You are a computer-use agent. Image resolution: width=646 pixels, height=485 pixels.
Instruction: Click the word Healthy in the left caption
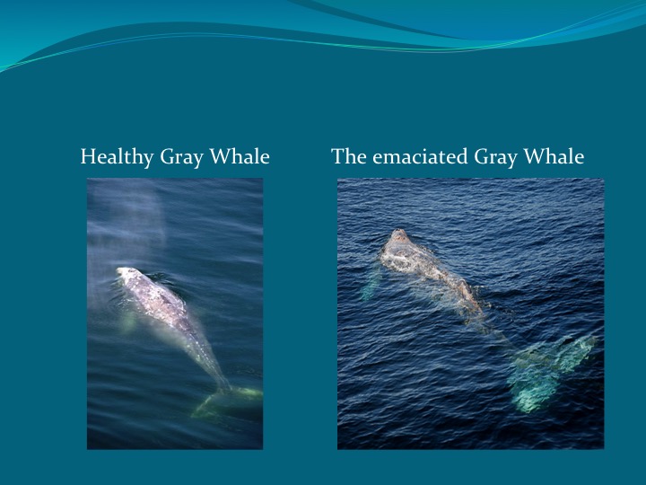(x=118, y=157)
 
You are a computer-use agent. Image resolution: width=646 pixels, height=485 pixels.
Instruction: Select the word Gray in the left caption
(x=181, y=157)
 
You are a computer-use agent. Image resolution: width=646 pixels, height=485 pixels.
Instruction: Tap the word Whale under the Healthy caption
(x=240, y=157)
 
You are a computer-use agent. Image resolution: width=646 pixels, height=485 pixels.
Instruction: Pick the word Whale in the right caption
(x=554, y=157)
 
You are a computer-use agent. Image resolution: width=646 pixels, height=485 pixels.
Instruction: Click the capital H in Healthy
(x=87, y=157)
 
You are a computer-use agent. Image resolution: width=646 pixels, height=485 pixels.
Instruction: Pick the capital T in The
(x=337, y=157)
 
